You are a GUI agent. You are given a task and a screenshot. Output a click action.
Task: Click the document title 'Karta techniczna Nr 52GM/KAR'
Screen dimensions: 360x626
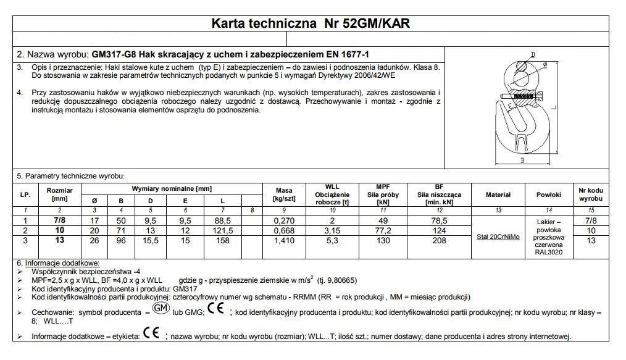(311, 24)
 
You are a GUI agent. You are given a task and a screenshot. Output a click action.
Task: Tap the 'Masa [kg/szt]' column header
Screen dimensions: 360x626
(284, 195)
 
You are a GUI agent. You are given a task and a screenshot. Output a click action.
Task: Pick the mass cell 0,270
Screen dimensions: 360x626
(284, 221)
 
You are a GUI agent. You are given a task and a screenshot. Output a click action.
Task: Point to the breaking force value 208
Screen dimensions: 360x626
(439, 240)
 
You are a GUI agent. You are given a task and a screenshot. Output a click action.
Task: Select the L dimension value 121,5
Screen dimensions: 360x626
(222, 231)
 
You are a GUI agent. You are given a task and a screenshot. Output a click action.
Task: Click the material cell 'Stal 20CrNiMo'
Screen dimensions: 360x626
(498, 237)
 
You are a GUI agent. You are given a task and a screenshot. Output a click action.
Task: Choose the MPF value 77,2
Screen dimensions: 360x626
(383, 231)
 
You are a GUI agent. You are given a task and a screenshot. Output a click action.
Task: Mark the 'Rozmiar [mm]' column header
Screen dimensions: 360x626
(60, 195)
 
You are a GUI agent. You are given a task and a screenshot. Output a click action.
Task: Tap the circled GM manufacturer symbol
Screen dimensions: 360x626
(160, 308)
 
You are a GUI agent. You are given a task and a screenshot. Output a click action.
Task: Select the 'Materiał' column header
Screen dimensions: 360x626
(498, 195)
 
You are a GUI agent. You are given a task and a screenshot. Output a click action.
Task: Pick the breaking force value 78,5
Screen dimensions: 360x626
(439, 221)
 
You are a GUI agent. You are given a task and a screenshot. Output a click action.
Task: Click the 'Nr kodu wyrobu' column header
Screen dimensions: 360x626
(590, 195)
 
